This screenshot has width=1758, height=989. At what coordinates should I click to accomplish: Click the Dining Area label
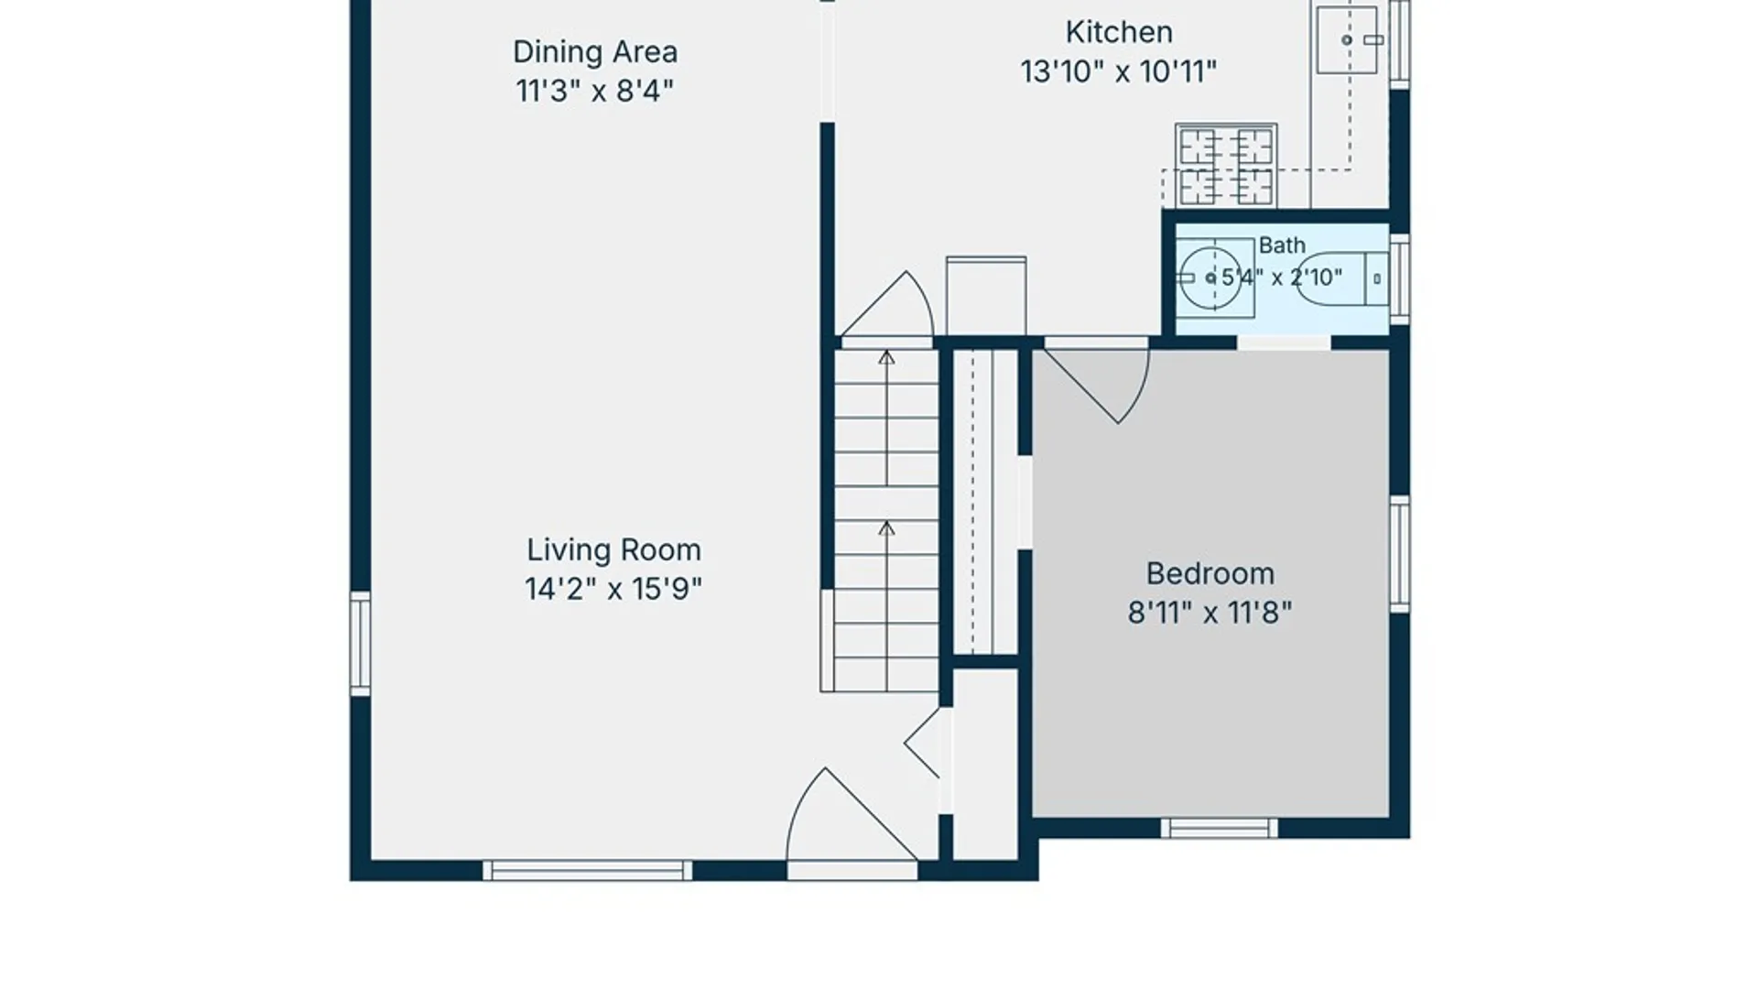(595, 52)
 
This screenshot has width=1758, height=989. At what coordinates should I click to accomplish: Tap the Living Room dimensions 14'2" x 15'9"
(613, 588)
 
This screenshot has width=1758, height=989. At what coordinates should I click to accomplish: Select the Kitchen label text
(1119, 32)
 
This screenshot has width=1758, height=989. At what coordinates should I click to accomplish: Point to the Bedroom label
(1210, 573)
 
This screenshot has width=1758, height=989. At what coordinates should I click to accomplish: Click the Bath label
(1282, 245)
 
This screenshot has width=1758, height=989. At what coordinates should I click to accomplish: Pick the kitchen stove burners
(1226, 166)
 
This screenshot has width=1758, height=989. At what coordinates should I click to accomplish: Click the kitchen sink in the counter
(1347, 39)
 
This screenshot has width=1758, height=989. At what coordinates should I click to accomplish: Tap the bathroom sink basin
(1214, 277)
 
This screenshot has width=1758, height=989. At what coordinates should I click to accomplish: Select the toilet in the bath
(1342, 277)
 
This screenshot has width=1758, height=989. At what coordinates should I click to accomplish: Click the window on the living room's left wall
(361, 644)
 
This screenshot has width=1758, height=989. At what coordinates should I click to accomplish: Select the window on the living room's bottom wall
(588, 871)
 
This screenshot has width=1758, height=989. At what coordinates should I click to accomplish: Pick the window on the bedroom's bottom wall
(1220, 829)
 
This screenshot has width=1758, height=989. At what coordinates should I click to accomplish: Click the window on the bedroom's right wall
(1400, 554)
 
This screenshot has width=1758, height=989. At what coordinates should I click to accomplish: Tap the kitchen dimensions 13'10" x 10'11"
(1119, 71)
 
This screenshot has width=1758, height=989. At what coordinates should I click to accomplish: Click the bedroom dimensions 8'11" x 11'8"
(1210, 612)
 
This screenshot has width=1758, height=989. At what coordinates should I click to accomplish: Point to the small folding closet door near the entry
(923, 743)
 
